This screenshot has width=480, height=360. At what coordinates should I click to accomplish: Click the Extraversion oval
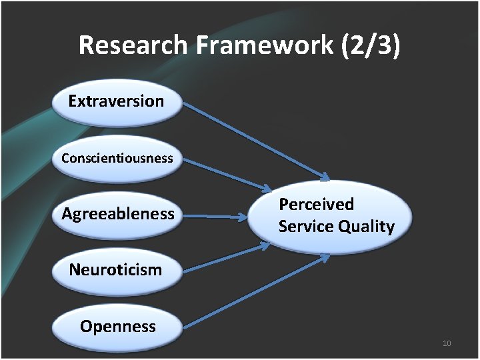point(117,102)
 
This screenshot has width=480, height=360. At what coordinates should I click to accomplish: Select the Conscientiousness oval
point(117,159)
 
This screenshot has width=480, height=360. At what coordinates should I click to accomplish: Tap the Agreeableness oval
point(117,215)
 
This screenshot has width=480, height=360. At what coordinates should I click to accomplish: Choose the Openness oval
point(117,327)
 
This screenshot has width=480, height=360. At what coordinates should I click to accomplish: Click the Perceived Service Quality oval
point(329,215)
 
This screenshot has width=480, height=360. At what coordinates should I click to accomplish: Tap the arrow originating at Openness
point(253,291)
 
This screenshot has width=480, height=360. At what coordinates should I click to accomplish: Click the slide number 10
point(447,343)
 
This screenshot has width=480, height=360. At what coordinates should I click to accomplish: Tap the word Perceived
point(316,204)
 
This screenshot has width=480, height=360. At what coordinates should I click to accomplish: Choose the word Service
point(306,227)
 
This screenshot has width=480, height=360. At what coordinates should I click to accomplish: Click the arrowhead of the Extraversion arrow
point(324,177)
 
